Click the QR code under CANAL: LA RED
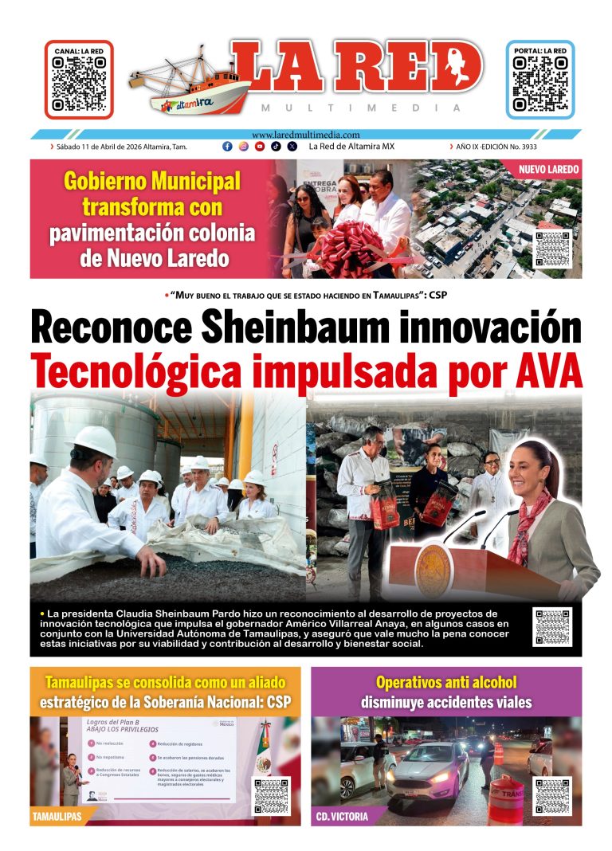(79, 83)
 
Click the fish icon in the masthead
(461, 63)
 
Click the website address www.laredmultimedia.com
(305, 135)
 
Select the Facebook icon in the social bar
(227, 147)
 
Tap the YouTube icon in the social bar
(260, 147)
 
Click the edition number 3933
(571, 147)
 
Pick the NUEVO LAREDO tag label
(548, 170)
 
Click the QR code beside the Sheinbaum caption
(552, 627)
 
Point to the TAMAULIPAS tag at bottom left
(57, 817)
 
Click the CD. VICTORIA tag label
(342, 817)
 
